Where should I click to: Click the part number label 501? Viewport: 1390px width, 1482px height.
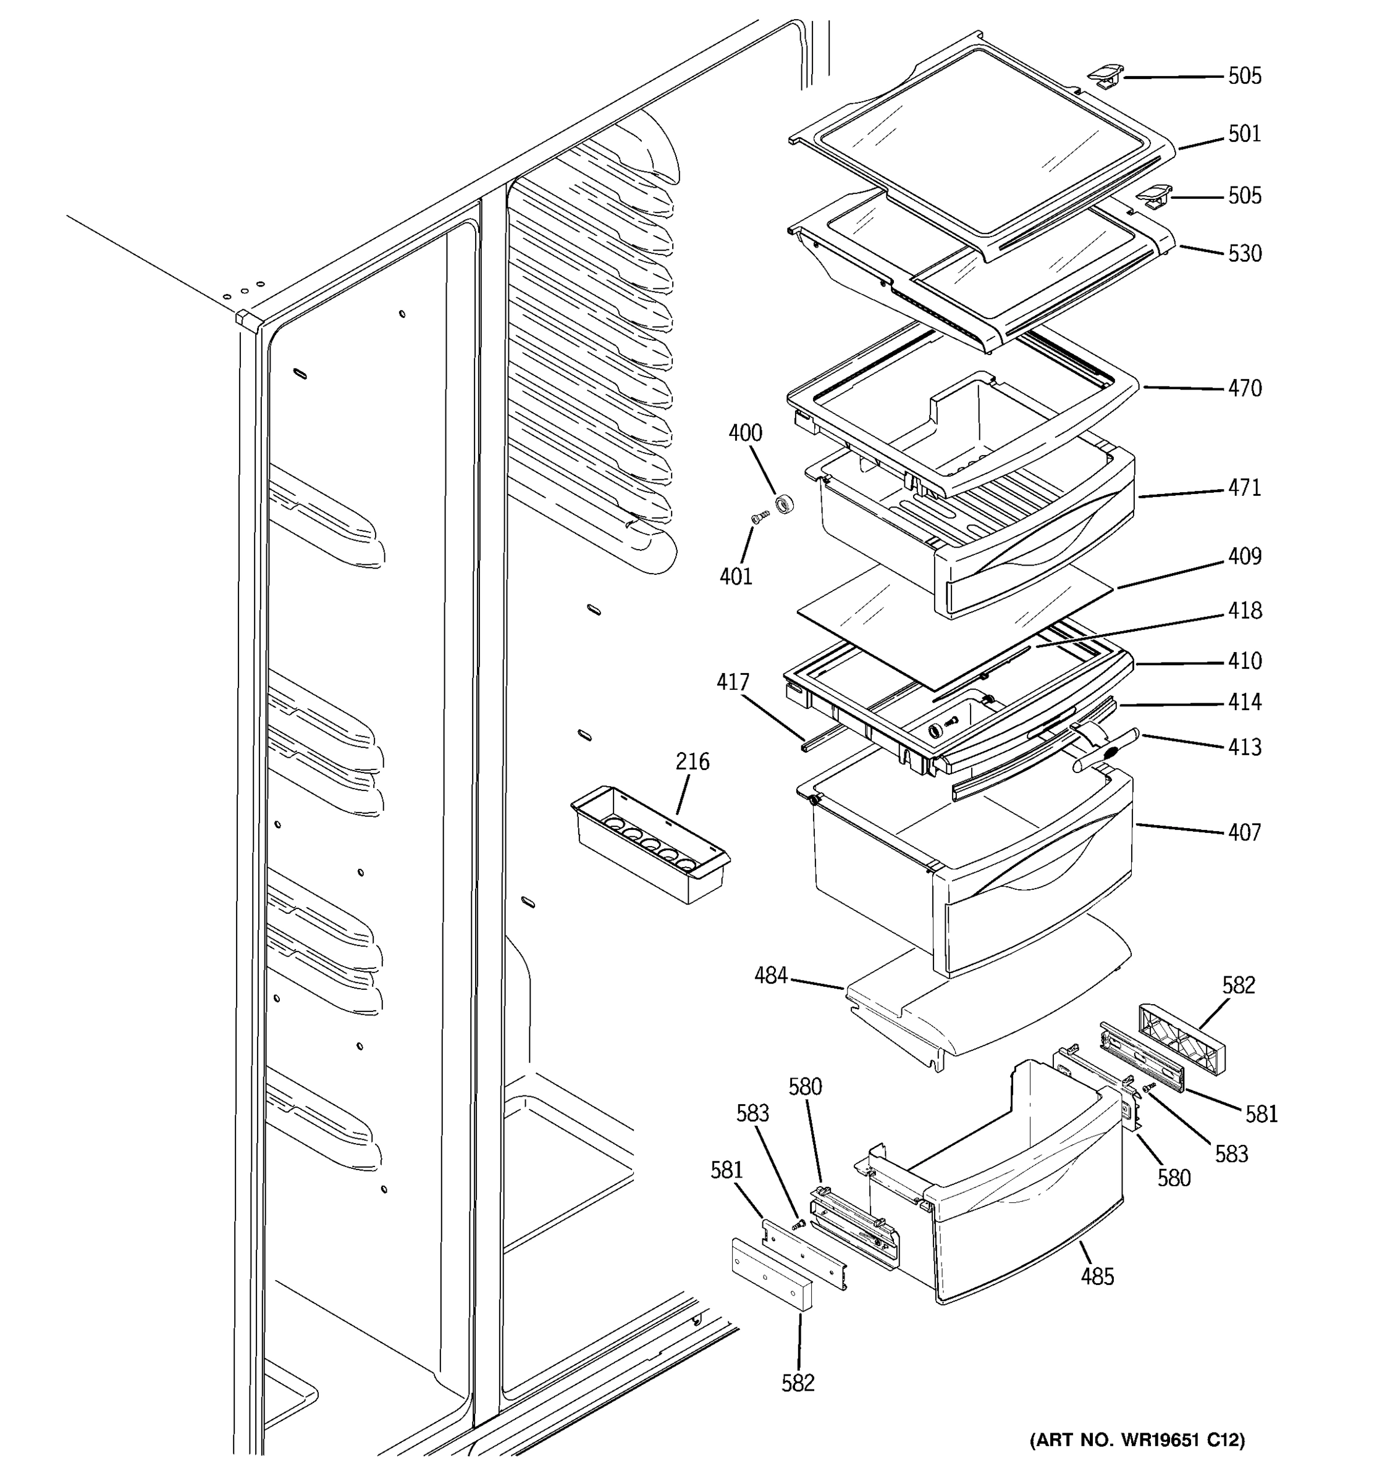point(1245,134)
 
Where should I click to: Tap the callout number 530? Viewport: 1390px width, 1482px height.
point(1245,253)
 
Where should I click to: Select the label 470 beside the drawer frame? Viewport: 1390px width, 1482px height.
point(1245,388)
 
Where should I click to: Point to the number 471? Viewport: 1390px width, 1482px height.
point(1245,488)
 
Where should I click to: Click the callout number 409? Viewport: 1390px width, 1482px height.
point(1245,556)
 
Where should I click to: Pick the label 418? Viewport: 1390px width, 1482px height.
point(1245,611)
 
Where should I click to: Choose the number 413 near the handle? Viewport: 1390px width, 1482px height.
point(1245,747)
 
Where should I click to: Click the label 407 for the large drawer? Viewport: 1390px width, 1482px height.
point(1245,832)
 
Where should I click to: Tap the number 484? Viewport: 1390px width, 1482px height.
point(770,975)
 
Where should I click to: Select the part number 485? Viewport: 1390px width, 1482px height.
point(1097,1276)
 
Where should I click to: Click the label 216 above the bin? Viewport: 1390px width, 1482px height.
point(692,761)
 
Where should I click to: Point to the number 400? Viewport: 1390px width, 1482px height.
point(745,432)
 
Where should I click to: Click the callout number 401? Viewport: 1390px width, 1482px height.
point(735,576)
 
